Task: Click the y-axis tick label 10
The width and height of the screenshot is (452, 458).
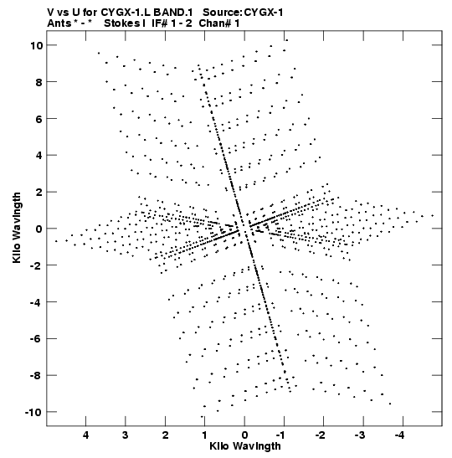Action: pos(37,45)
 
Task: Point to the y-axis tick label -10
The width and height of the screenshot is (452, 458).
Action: pos(33,412)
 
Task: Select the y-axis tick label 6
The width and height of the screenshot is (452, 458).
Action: pos(39,119)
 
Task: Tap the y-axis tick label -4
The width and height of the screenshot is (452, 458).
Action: pos(37,302)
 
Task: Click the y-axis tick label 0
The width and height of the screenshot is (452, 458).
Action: pos(39,229)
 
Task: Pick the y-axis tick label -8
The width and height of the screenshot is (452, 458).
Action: pos(37,375)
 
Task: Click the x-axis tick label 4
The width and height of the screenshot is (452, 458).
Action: pos(85,435)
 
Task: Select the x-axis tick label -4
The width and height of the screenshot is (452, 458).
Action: pos(400,435)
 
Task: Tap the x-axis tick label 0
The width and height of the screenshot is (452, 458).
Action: pos(244,435)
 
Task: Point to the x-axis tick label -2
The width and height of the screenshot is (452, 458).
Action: pos(321,435)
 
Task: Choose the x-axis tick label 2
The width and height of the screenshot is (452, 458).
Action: pos(165,435)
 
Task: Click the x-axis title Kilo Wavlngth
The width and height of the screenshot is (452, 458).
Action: pos(245,446)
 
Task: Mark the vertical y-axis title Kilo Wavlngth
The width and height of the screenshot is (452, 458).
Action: pos(17,228)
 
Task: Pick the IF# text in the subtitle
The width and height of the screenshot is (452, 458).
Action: pos(159,23)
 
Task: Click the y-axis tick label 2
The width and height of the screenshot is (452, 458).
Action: pos(39,192)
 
